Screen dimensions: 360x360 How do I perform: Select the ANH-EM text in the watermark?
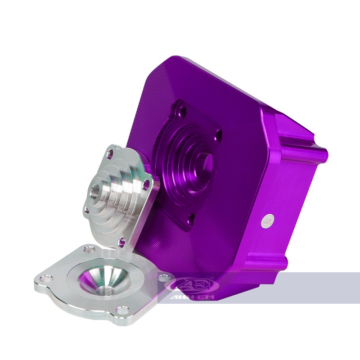[192, 297]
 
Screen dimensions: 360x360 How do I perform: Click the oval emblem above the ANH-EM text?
[192, 285]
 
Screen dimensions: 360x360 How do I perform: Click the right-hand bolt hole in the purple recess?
[219, 134]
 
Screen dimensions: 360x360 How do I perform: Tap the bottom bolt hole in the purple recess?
[189, 219]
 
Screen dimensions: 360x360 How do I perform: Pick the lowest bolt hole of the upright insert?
[121, 242]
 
